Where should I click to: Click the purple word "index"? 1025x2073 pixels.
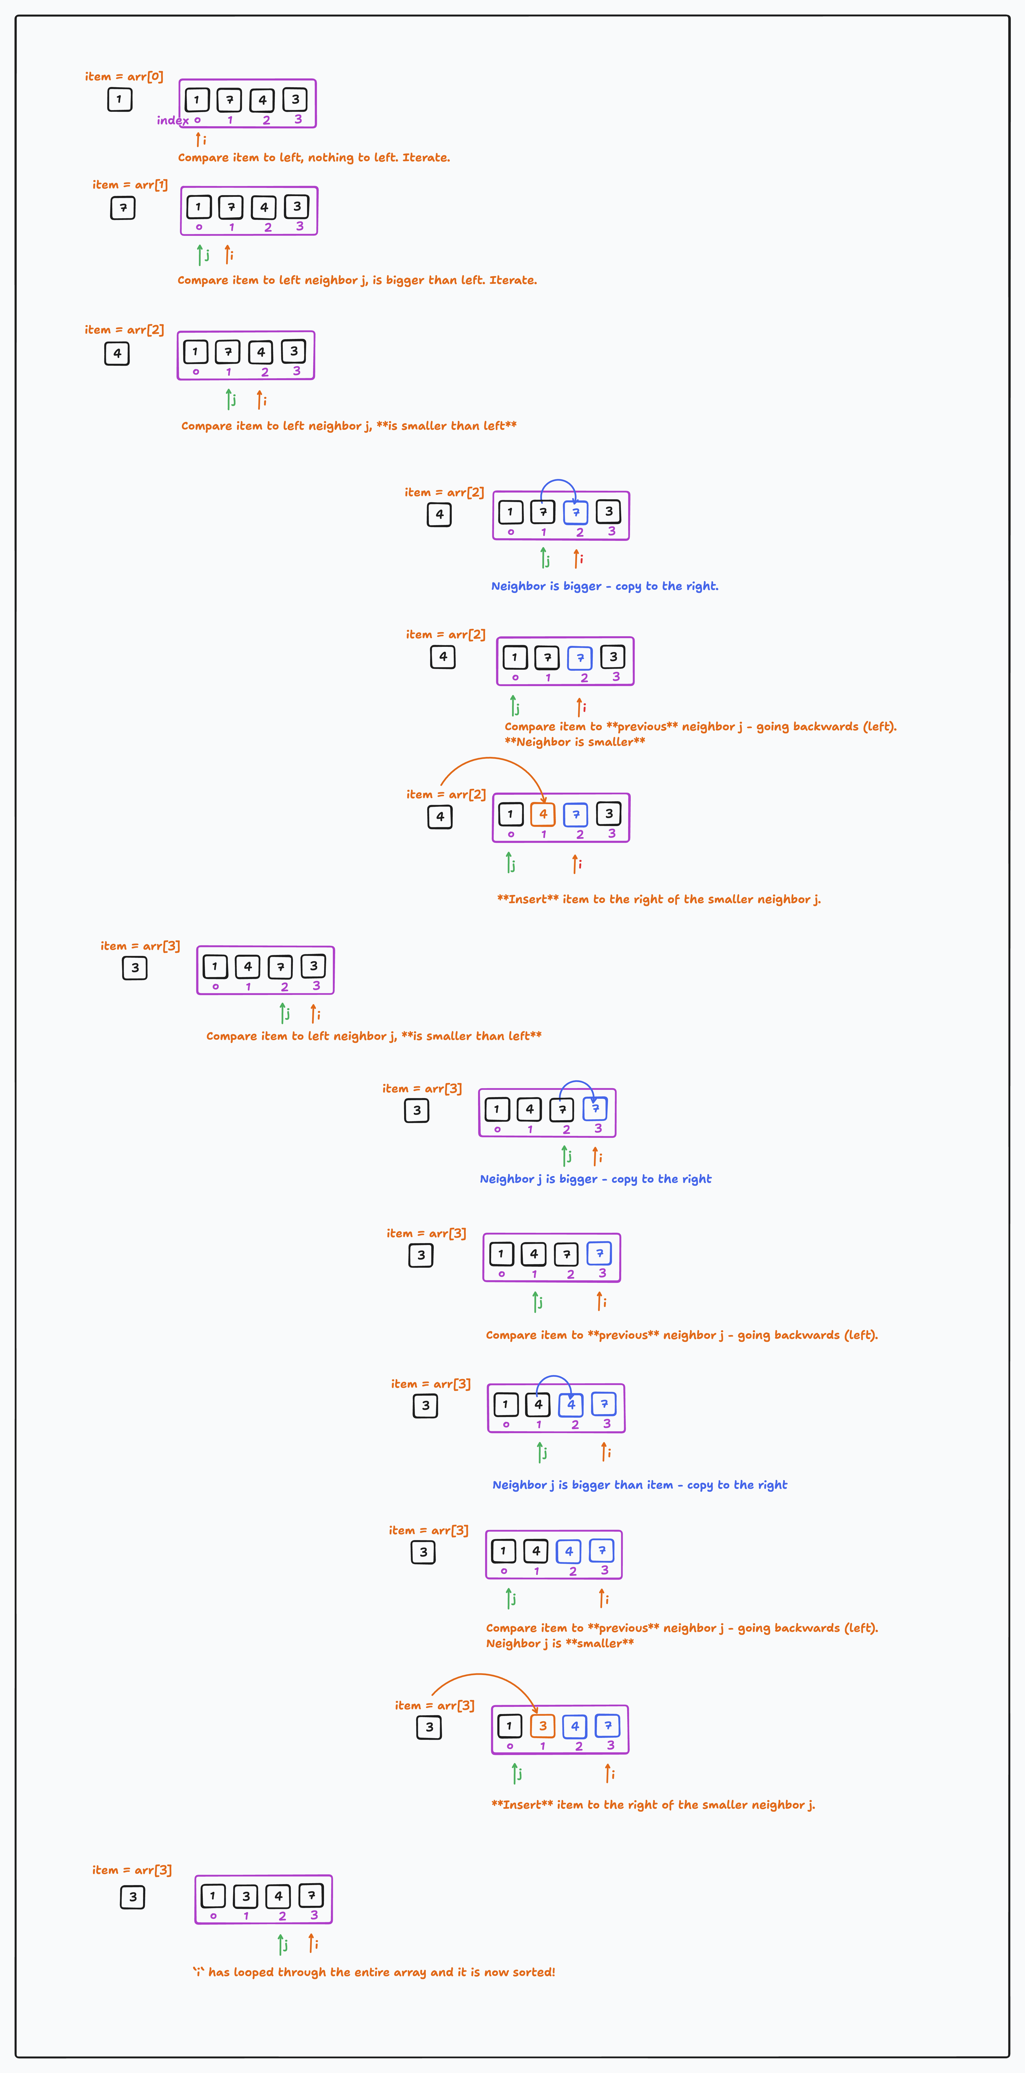(x=172, y=121)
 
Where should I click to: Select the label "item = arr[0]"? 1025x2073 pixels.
(x=124, y=76)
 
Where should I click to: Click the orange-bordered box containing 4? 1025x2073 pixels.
(x=543, y=815)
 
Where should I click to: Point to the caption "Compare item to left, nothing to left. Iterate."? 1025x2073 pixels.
(x=314, y=158)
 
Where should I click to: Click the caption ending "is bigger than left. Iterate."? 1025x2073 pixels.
(x=357, y=280)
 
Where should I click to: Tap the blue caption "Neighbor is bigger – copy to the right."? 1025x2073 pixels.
(x=604, y=586)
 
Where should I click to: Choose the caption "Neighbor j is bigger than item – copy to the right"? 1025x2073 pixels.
(x=640, y=1485)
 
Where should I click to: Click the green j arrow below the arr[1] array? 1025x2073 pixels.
(x=199, y=255)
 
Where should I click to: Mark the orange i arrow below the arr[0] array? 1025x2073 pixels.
(x=198, y=139)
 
